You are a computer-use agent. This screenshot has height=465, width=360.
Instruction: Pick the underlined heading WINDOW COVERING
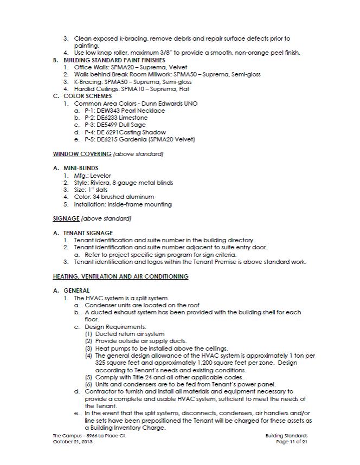[82, 154]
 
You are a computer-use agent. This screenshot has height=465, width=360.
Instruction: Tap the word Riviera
[102, 183]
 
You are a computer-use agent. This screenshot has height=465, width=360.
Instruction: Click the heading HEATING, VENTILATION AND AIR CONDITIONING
[120, 276]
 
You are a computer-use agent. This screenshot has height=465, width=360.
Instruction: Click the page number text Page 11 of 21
[292, 442]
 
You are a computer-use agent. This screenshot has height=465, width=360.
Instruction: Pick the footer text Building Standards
[287, 436]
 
